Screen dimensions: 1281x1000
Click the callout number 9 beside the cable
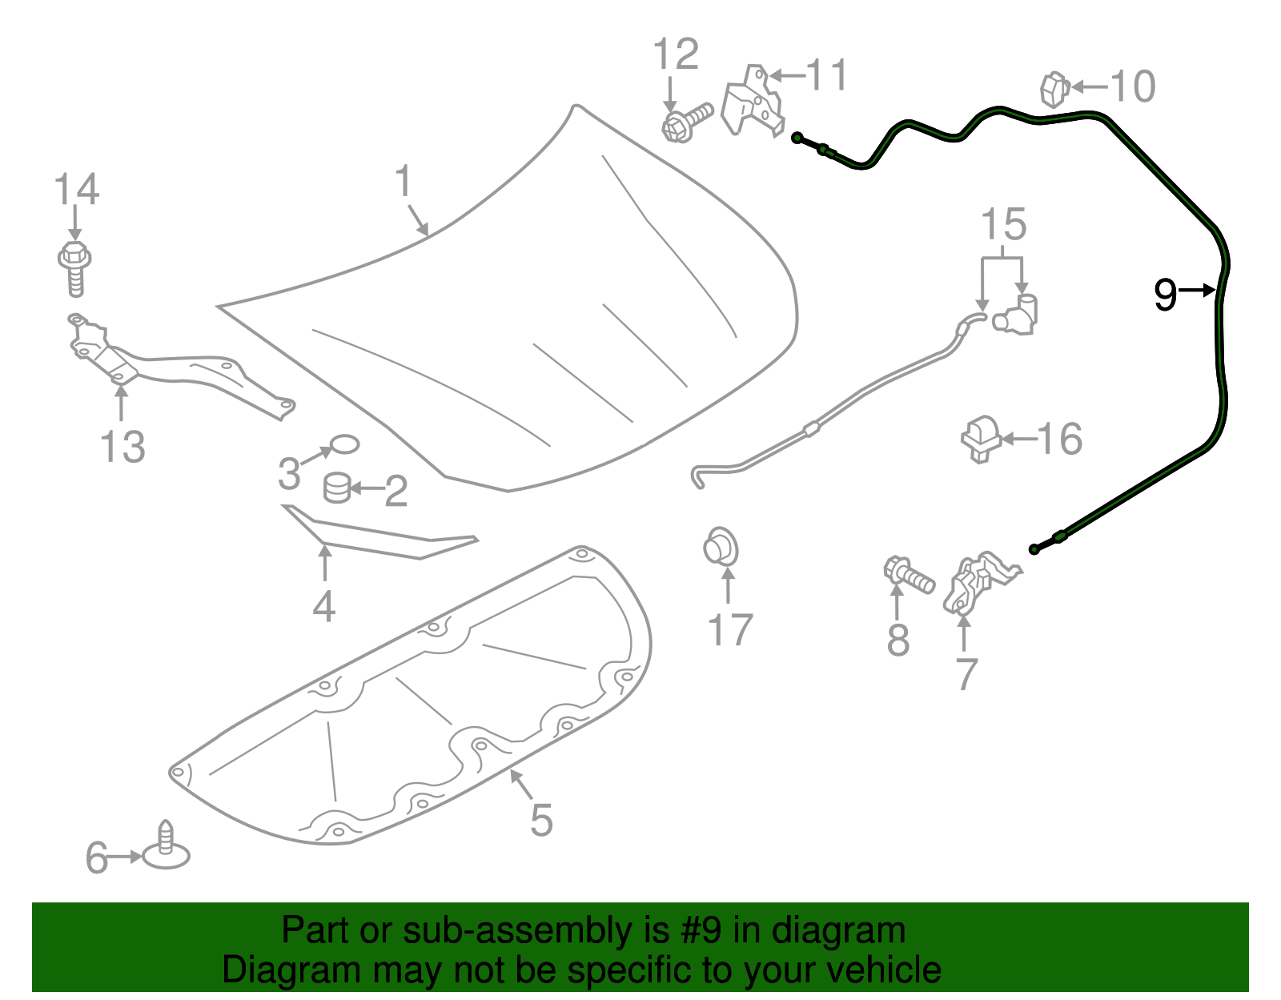click(x=1165, y=295)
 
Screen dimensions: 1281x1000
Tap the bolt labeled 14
click(x=75, y=268)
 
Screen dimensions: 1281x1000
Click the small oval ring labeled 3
click(x=344, y=444)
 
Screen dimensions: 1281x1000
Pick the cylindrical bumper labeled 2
click(x=338, y=488)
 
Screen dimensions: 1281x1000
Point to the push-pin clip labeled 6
click(x=167, y=845)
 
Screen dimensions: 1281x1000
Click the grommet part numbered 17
click(x=721, y=546)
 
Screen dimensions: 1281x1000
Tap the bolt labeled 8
click(x=909, y=575)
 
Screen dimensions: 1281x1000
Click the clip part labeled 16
click(x=981, y=439)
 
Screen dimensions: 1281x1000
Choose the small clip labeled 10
click(x=1055, y=90)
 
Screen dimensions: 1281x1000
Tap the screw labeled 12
click(x=687, y=122)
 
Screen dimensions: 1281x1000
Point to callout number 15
click(x=1003, y=224)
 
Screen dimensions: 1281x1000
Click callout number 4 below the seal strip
click(x=324, y=606)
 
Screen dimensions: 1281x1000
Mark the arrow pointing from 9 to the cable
click(x=1197, y=290)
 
